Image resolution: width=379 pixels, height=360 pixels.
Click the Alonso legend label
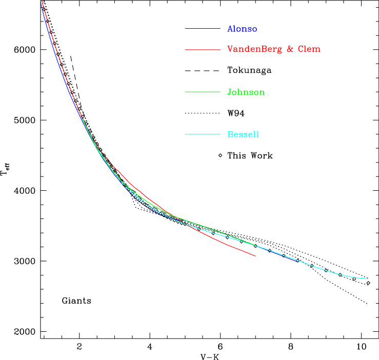click(x=242, y=29)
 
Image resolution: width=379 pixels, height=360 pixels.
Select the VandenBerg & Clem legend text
click(x=274, y=49)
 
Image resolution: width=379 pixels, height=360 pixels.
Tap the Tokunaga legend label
click(x=249, y=70)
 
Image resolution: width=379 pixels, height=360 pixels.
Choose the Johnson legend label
click(x=246, y=92)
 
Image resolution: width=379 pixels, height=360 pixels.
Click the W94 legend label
click(x=236, y=113)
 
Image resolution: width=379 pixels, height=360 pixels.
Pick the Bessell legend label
click(x=243, y=134)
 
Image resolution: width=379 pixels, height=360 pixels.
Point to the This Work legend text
click(x=250, y=155)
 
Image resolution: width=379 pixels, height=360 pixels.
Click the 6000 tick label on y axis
click(x=24, y=50)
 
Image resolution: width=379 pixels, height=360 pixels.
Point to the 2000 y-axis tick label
click(x=24, y=332)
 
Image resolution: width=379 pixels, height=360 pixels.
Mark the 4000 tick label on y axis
click(x=24, y=191)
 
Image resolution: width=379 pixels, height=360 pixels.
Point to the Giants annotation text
click(x=76, y=301)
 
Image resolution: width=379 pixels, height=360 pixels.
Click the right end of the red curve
click(x=255, y=255)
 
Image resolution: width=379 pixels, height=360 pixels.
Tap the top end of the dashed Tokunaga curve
click(x=71, y=55)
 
